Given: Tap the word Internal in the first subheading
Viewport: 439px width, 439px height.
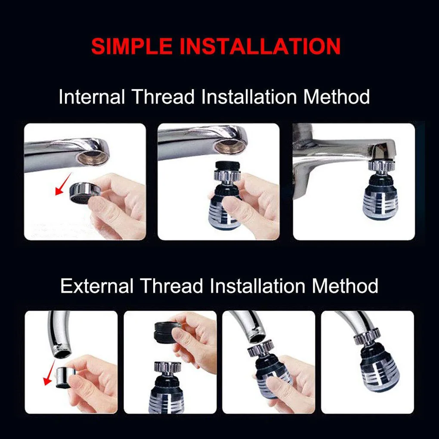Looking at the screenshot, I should coord(92,96).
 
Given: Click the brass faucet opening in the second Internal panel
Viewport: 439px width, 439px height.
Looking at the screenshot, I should coord(230,146).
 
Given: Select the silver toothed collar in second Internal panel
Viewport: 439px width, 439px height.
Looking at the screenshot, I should coord(224,176).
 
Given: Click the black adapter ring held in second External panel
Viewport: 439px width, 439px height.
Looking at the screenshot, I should coord(164,332).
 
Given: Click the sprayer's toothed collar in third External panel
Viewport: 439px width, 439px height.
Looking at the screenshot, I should coord(260,348).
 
